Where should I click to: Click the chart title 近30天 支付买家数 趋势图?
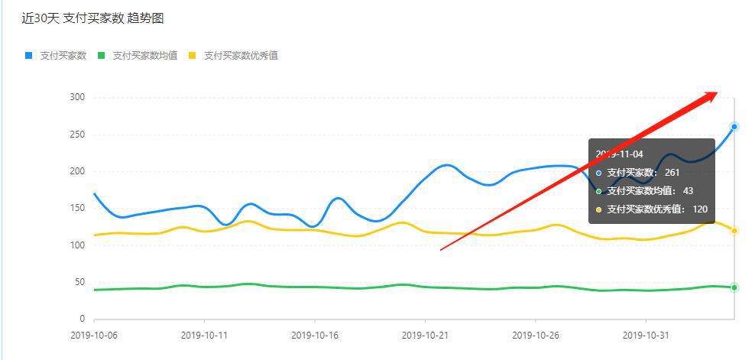pos(92,18)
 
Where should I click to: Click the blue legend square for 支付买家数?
pos(29,55)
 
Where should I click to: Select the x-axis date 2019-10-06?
pos(94,335)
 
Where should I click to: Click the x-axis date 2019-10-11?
pos(204,335)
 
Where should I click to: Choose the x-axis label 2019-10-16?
pos(314,335)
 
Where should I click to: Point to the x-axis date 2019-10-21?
pos(424,335)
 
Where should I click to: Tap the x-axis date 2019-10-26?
pos(535,335)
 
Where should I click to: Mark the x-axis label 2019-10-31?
pos(646,335)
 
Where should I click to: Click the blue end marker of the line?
pos(734,127)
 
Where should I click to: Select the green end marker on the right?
pos(734,287)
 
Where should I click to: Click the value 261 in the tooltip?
pos(672,173)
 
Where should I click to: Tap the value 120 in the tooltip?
pos(700,209)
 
